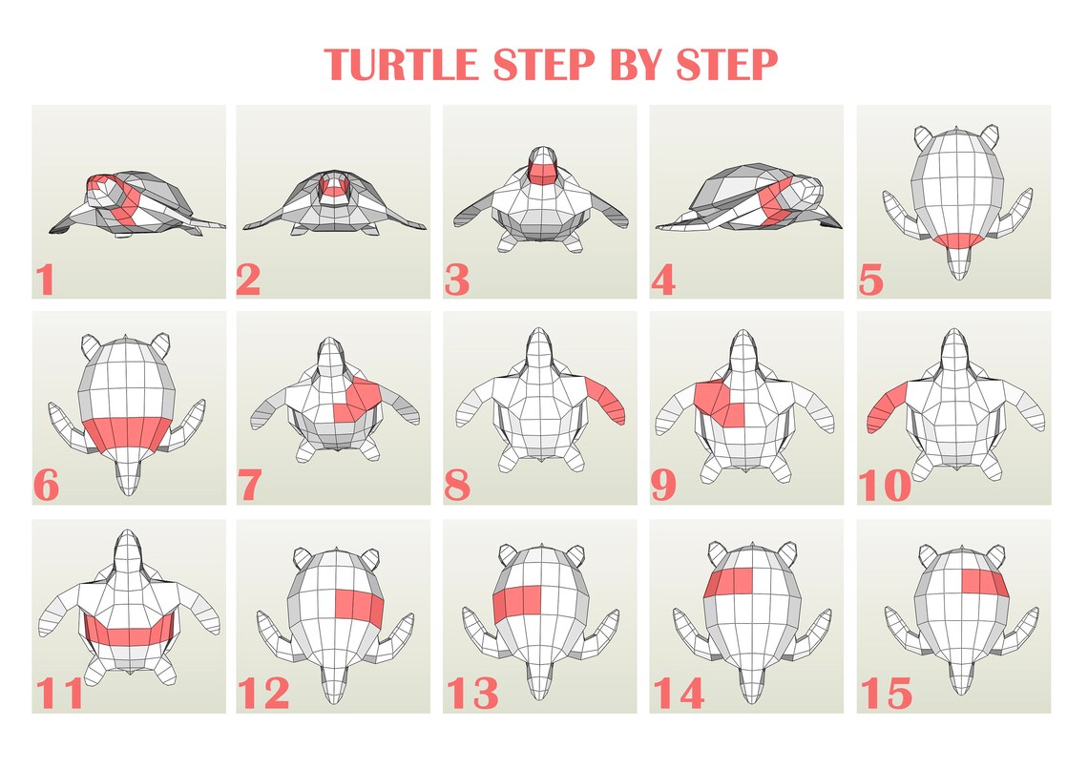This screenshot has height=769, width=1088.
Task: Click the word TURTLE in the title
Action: click(401, 64)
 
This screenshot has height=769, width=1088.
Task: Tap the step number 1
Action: click(44, 281)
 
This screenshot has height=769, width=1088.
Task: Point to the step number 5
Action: click(870, 281)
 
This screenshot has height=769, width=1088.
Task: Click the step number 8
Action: click(457, 487)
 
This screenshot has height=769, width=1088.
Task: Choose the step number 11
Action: click(58, 694)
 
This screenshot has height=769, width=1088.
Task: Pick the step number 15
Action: click(885, 694)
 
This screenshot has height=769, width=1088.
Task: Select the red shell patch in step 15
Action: click(983, 581)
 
